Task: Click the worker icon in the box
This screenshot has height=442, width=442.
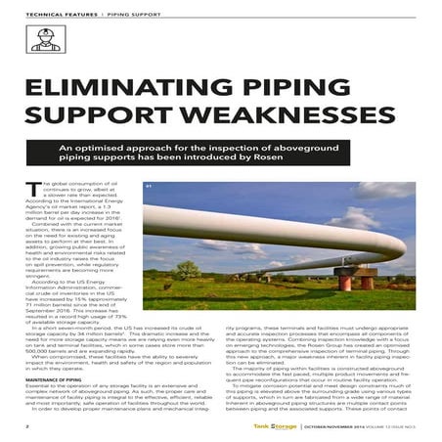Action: coord(41,41)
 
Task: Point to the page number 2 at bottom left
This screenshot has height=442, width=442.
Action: coord(26,426)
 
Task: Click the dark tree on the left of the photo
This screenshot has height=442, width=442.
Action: coord(159,256)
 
